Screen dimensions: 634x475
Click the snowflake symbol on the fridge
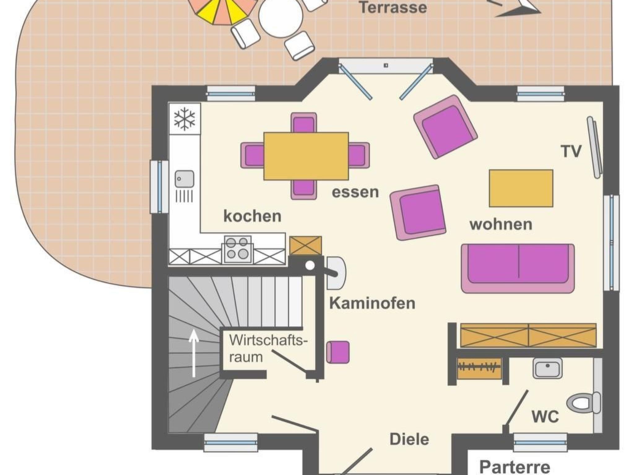point(185,119)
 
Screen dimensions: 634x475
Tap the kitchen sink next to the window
point(185,179)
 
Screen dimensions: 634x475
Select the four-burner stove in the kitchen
point(237,249)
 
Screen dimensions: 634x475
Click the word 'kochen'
point(252,216)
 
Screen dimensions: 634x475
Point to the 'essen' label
point(355,192)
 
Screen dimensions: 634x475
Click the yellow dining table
point(306,156)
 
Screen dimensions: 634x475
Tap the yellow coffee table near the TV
point(521,188)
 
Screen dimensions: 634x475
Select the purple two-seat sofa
point(518,268)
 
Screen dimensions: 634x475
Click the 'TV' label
point(571,152)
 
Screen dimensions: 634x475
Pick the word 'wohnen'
point(501,224)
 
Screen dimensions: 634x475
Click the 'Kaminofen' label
point(372,303)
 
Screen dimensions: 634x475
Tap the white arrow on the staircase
point(194,353)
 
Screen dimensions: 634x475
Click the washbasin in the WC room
point(548,368)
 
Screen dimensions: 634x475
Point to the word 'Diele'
point(409,439)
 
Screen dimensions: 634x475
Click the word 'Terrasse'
point(393,7)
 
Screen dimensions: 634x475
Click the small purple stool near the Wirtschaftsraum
point(338,352)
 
